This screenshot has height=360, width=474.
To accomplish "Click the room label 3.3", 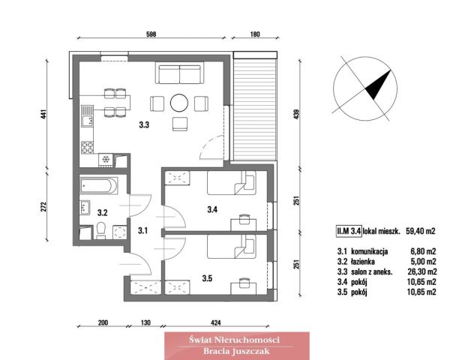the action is pos(144,124).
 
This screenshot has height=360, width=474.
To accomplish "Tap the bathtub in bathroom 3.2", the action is pos(98,185).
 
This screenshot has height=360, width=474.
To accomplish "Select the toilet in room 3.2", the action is pos(100,230).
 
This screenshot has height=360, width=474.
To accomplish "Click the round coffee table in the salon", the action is pos(179,103).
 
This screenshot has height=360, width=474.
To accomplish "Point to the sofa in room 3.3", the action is pos(180,74).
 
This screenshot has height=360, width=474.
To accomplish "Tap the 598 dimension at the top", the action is pos(151,34).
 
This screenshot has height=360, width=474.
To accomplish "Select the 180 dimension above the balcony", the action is pos(255,34).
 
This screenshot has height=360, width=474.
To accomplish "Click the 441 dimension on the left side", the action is pos(43,114).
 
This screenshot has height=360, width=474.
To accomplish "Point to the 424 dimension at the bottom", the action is pos(215,322).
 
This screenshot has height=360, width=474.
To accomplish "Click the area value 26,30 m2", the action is pos(421,271).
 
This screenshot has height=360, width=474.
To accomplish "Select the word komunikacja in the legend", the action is pos(370,251).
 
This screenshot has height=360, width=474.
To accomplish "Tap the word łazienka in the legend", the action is pos(363,262).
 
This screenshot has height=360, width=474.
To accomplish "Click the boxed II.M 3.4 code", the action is pos(349,231).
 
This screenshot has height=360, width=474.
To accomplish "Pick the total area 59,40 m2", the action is pos(421,231).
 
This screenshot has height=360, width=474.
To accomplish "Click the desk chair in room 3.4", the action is pos(244,219).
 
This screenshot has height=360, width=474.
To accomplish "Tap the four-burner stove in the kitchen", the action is pos(87,147).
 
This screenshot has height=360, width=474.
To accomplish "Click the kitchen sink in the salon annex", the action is pos(87,115).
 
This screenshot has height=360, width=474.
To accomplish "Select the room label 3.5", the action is pos(207,278).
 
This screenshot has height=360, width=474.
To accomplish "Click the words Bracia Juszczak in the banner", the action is pos(236,351).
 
